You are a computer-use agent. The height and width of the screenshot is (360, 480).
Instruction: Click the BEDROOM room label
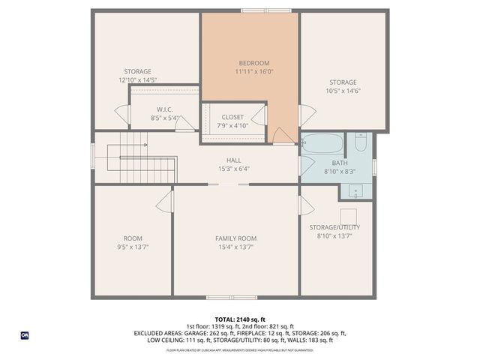pos(253,63)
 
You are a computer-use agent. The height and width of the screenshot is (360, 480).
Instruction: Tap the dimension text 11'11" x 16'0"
pos(253,72)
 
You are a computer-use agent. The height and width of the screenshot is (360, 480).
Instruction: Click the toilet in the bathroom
pos(360,142)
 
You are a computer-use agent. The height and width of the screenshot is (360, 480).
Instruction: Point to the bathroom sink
pos(353,190)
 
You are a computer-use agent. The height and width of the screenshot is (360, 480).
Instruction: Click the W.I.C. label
pos(165,109)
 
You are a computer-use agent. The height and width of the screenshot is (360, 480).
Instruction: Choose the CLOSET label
pos(232,117)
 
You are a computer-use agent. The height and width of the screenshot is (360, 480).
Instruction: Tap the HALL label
pos(233,160)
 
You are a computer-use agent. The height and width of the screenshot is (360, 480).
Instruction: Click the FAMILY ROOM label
pos(235,238)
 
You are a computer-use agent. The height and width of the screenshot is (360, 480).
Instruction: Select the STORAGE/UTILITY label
pos(335,227)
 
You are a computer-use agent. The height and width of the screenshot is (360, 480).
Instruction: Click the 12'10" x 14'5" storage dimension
pos(137,79)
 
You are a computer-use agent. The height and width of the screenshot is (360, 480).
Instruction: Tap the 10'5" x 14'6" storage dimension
pos(343,91)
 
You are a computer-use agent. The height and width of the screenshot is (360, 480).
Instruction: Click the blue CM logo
pos(24,334)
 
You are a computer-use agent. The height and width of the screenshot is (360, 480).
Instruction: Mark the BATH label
pos(340,163)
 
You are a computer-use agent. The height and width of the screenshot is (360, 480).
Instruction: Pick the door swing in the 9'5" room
pos(166,200)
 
